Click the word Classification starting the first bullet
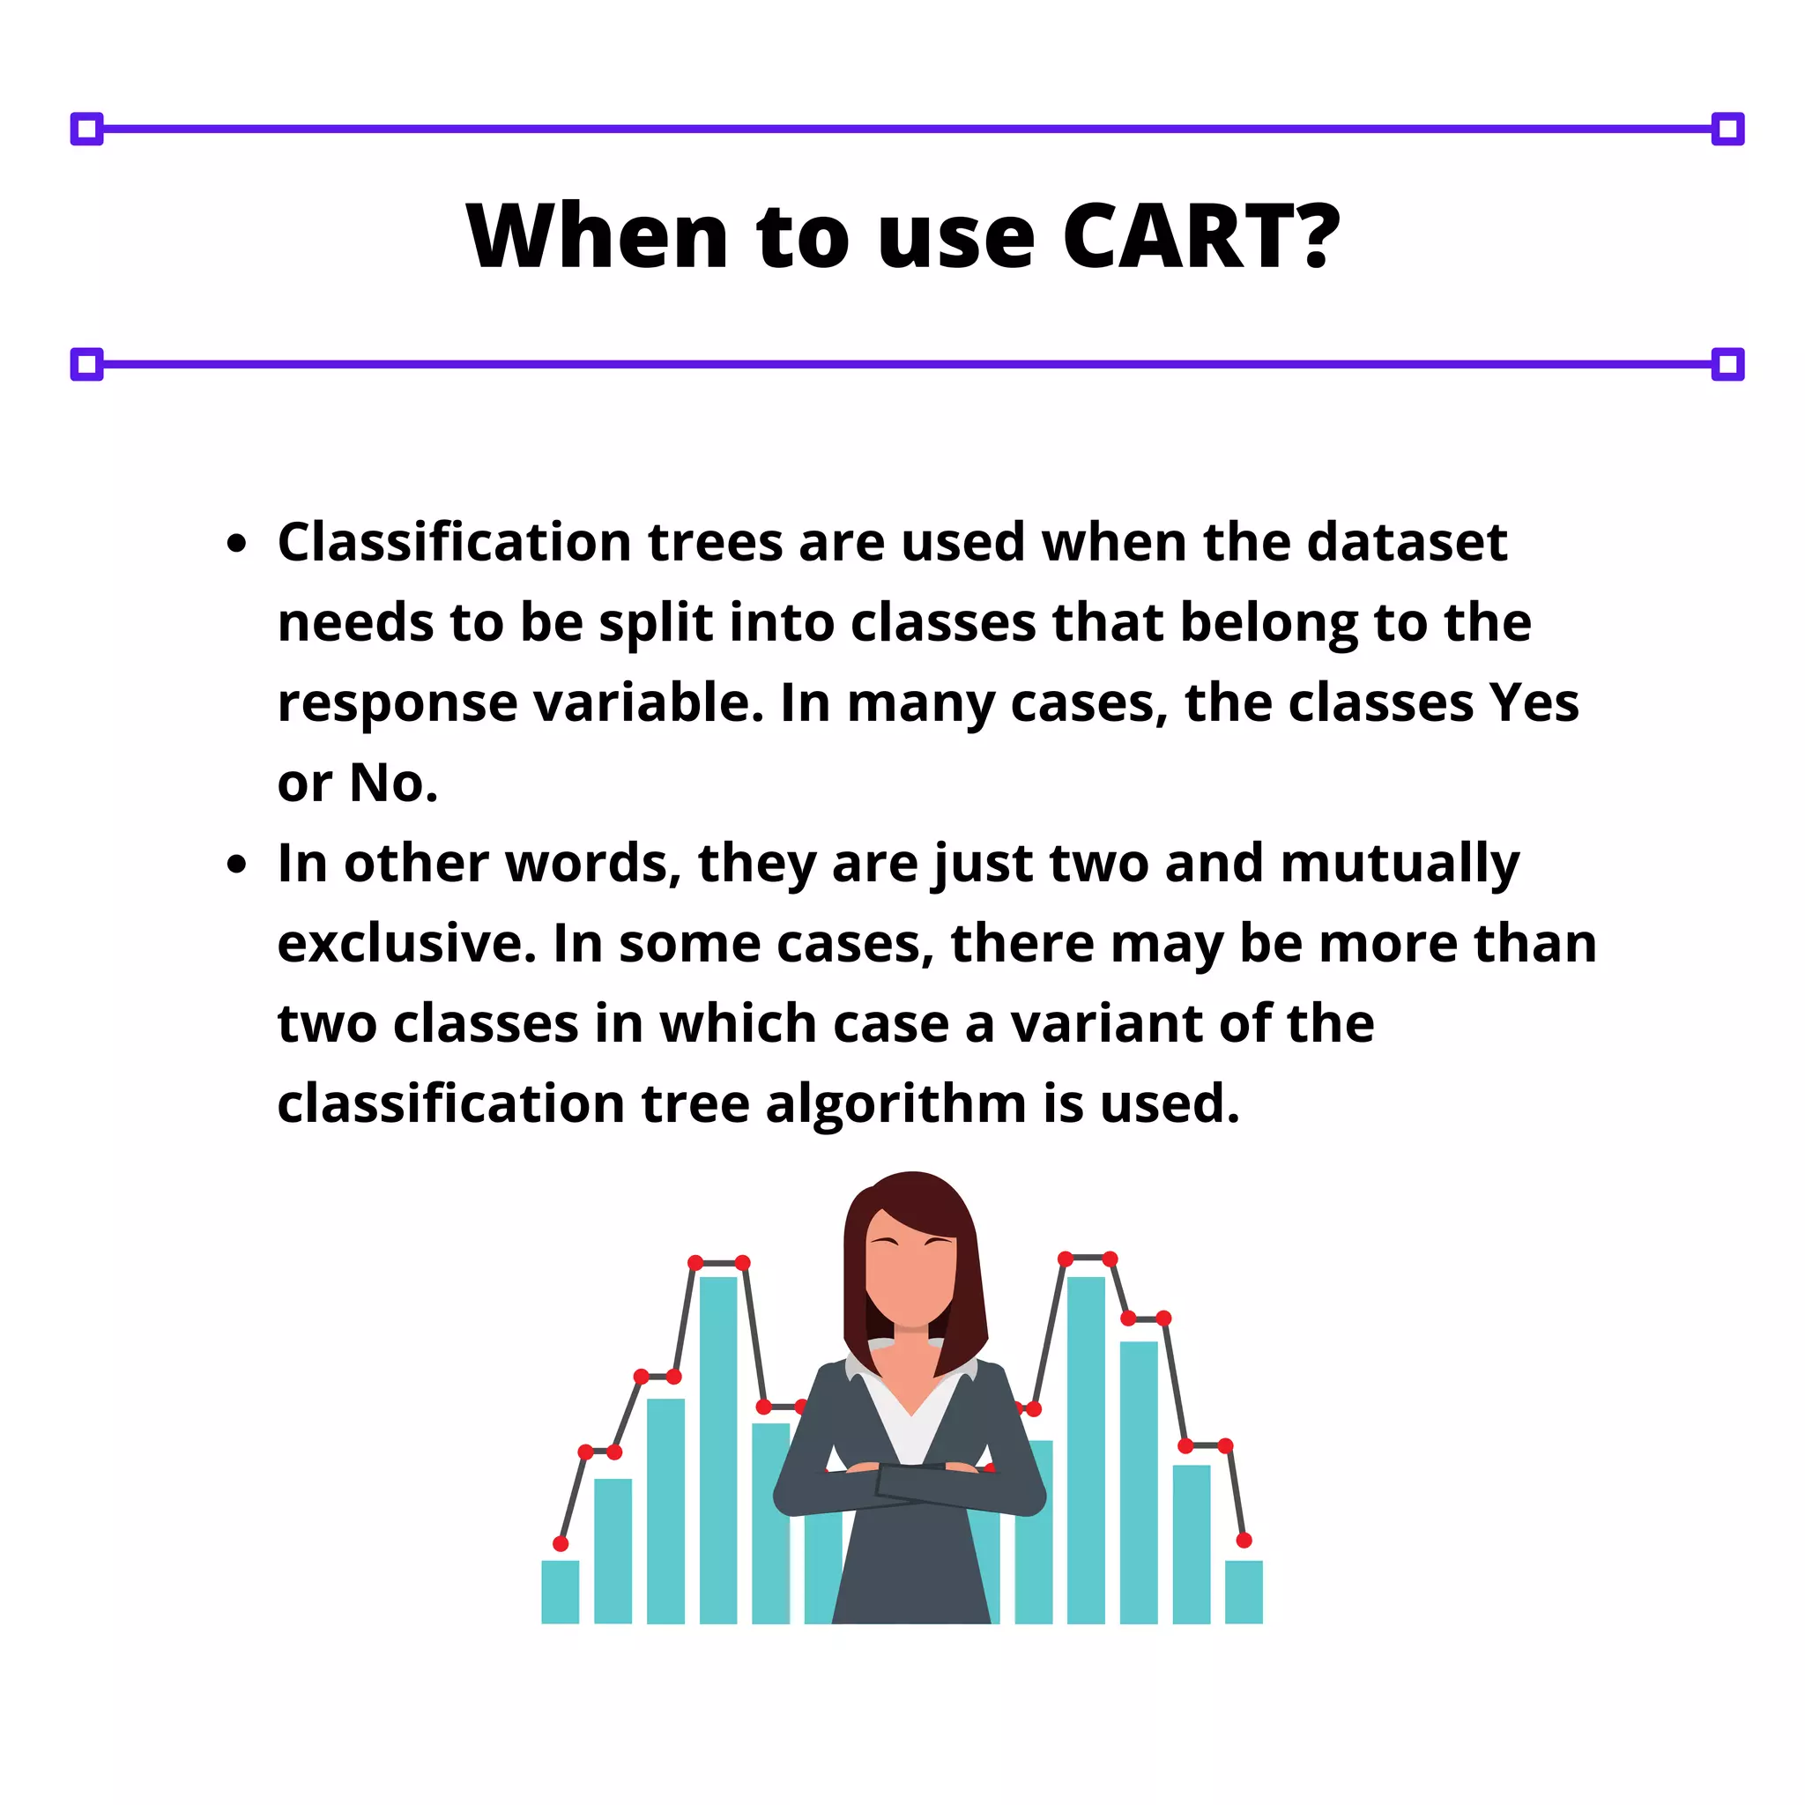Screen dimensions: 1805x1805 click(454, 542)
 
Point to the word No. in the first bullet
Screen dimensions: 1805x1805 click(393, 783)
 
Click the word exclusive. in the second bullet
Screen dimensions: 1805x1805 click(406, 944)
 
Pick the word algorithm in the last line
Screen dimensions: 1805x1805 click(896, 1104)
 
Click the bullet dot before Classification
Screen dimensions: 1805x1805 click(237, 544)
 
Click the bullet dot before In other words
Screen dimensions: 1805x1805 click(237, 865)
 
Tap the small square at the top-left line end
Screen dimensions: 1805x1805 click(87, 129)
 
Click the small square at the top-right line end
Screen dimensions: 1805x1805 click(1727, 129)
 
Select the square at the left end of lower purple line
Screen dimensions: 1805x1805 click(87, 364)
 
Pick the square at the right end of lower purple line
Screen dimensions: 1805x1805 click(1727, 364)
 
